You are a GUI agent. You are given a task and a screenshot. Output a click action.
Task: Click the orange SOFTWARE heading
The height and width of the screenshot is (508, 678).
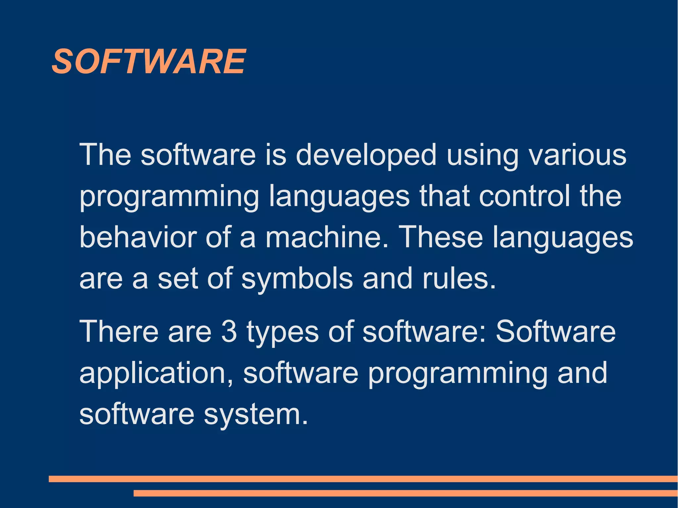149,62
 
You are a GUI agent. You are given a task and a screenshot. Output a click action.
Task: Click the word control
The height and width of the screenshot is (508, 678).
524,196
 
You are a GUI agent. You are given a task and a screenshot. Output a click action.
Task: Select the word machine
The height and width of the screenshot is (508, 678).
326,237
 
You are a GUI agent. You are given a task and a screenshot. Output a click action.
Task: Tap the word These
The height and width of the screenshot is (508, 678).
442,237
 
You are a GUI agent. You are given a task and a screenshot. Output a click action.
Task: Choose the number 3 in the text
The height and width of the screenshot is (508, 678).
229,332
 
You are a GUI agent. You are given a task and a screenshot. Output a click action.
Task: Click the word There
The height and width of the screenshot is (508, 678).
119,332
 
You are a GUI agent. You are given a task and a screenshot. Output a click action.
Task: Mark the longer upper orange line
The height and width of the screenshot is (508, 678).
363,479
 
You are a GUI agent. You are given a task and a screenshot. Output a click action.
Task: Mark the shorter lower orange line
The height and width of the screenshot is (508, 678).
406,493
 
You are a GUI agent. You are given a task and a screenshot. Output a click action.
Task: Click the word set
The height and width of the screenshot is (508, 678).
178,279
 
